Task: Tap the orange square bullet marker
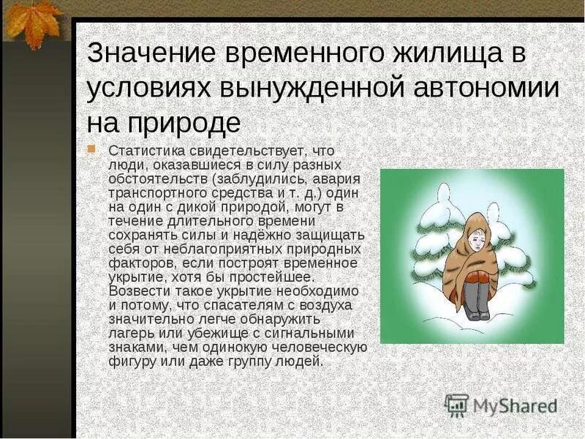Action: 91,149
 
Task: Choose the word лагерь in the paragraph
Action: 130,334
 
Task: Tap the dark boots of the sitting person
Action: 476,300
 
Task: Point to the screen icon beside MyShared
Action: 456,405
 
